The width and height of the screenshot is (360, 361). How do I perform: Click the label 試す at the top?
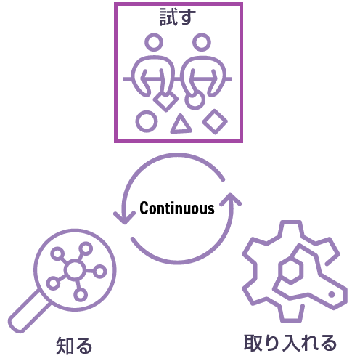[177, 17]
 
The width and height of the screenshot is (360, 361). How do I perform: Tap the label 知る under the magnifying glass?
[74, 346]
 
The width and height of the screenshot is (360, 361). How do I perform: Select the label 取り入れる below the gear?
[290, 343]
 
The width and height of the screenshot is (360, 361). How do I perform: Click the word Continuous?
[177, 208]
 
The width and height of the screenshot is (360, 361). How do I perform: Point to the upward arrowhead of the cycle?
[231, 200]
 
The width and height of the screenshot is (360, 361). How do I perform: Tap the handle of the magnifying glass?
[30, 312]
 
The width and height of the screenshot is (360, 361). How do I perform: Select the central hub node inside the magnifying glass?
[75, 270]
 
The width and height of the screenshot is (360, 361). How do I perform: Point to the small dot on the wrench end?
[332, 294]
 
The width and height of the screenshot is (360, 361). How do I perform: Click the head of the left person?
[154, 42]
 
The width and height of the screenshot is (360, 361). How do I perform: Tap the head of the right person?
[202, 42]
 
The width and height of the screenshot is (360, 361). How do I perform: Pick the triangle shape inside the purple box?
[181, 124]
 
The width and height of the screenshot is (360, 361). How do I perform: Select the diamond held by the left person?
[165, 101]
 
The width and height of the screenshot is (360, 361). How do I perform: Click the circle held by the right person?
[195, 100]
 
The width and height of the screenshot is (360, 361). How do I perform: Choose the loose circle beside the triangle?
[147, 121]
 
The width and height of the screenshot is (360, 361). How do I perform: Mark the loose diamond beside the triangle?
[215, 121]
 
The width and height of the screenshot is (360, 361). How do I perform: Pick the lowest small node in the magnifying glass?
[81, 295]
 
